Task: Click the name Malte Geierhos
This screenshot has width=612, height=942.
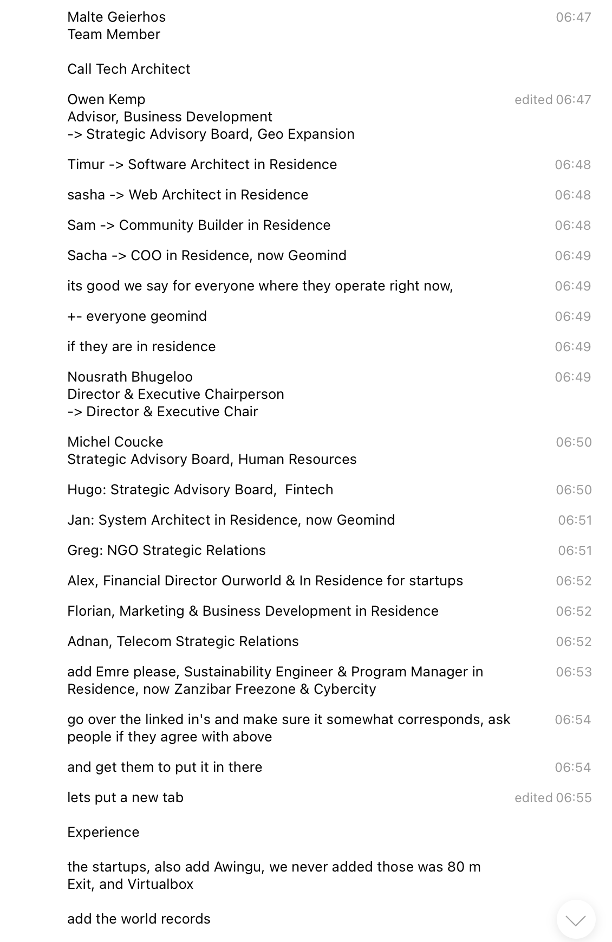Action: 116,17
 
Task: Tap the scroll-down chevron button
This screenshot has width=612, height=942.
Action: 575,920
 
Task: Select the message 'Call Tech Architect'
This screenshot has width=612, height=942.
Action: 128,69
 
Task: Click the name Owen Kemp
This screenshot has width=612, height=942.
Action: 106,99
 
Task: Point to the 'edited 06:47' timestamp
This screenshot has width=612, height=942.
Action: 552,99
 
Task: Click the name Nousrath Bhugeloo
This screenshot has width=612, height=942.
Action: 129,377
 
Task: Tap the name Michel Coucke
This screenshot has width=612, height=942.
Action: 115,442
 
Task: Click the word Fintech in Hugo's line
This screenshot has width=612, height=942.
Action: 309,489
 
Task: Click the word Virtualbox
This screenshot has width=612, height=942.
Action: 160,884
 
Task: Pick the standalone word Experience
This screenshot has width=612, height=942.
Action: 103,832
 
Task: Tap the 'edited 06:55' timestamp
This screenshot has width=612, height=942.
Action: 552,797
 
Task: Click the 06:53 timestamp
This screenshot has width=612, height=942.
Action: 573,672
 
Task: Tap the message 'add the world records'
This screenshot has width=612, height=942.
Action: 139,919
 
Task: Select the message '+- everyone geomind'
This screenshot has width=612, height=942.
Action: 136,316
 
